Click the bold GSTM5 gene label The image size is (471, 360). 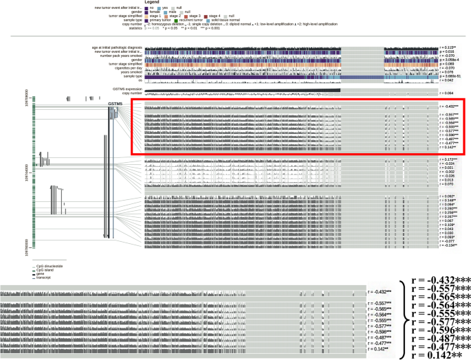(115, 103)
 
